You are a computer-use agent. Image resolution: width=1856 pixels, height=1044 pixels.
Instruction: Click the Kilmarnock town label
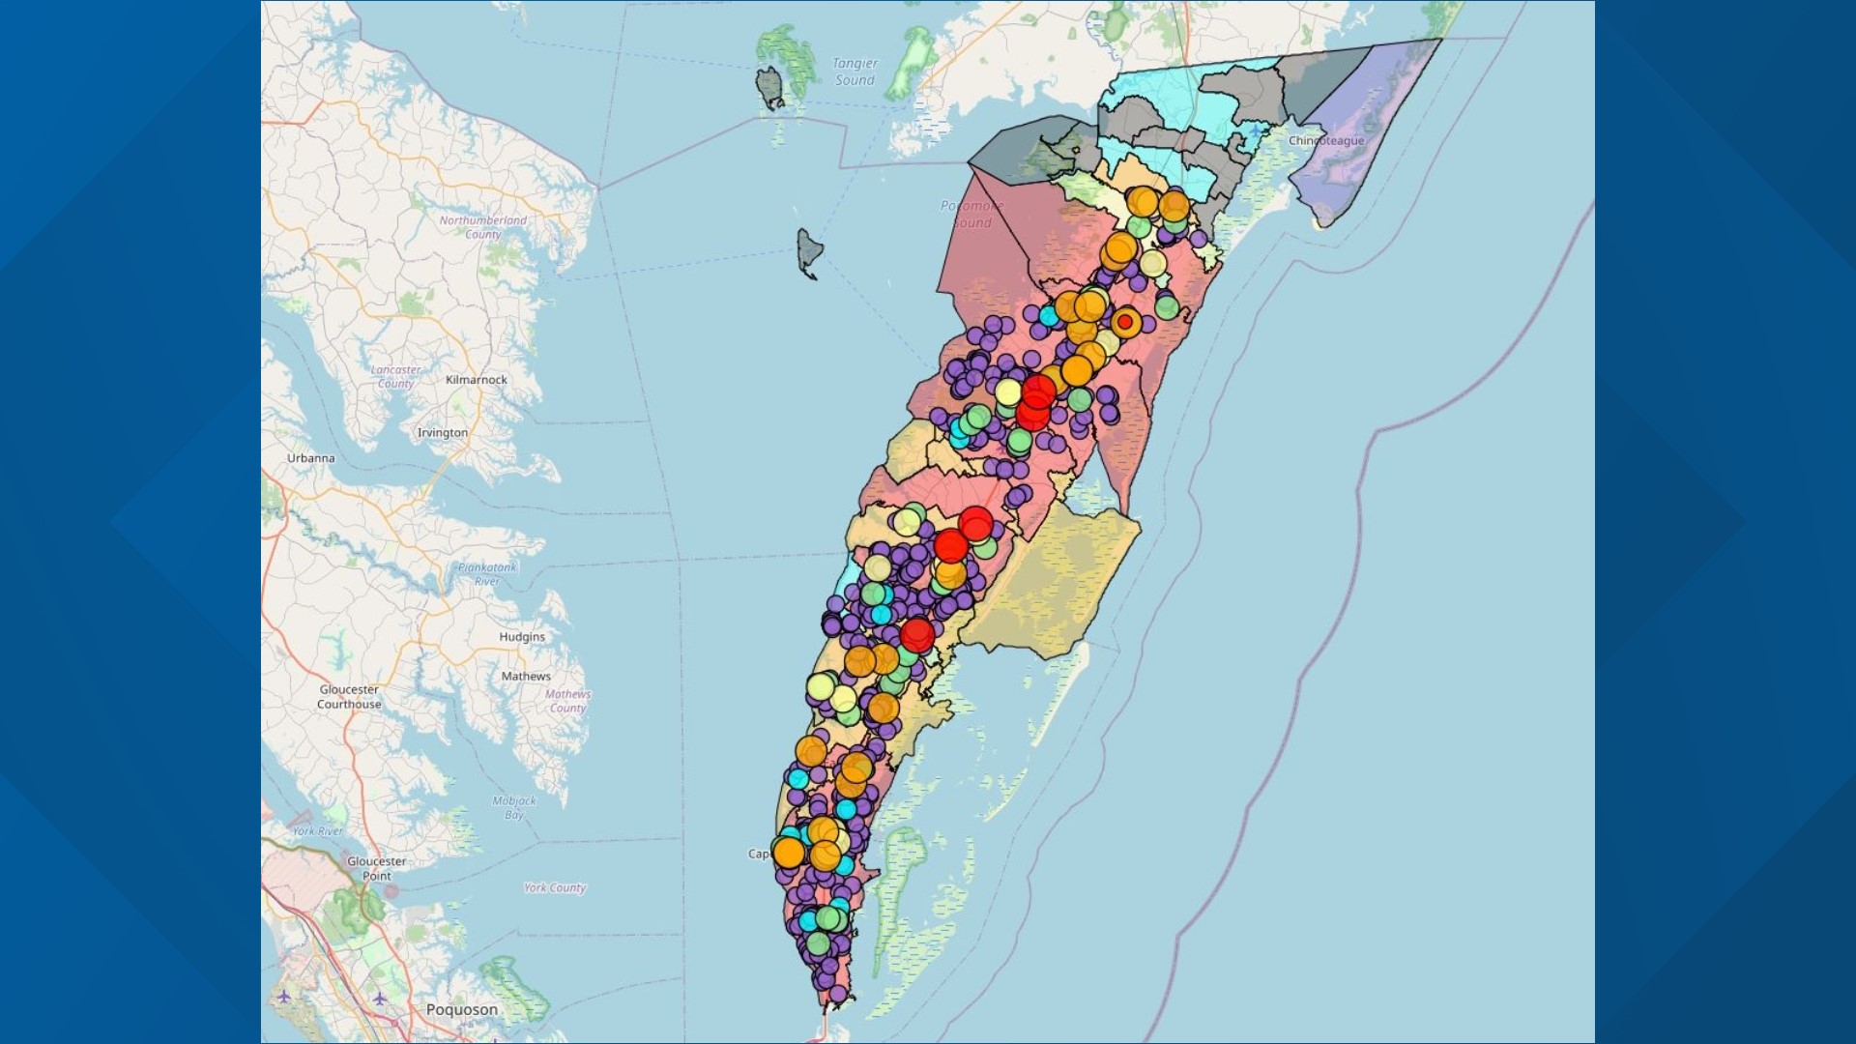(476, 380)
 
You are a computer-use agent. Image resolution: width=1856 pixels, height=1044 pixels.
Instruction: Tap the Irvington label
(442, 433)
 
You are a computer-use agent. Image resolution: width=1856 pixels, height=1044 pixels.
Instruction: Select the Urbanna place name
(310, 458)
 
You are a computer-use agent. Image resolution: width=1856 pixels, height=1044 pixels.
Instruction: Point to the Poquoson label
(462, 1009)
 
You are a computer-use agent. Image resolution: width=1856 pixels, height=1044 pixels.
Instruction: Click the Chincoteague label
(1326, 141)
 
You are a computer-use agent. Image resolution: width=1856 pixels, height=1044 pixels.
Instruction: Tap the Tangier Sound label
(855, 72)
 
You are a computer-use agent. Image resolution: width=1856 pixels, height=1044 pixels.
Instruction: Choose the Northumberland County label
(483, 227)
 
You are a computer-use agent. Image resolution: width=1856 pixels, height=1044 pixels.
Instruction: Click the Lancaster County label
(395, 377)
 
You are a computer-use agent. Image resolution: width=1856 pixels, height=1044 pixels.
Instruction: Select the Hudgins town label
(522, 637)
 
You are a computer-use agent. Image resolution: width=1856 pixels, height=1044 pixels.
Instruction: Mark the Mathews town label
(526, 677)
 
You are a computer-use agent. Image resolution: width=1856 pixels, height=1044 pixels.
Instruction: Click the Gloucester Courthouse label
(349, 697)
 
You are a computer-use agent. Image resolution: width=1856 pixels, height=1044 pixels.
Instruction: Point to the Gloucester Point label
(376, 868)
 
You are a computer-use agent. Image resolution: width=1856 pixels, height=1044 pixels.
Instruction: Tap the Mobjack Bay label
(513, 807)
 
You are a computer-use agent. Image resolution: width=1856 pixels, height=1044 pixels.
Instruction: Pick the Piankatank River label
(487, 574)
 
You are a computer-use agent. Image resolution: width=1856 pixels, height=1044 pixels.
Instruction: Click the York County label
(555, 888)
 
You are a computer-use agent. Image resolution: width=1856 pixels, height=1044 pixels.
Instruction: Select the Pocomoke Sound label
(971, 214)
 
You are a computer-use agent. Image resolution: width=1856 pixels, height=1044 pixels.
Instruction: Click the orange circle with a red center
(1125, 322)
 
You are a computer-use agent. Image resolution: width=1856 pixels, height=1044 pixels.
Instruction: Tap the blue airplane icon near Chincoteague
(1255, 130)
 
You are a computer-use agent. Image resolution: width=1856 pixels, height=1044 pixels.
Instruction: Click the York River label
(317, 831)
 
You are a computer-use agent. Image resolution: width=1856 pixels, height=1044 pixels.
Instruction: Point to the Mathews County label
(567, 701)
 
